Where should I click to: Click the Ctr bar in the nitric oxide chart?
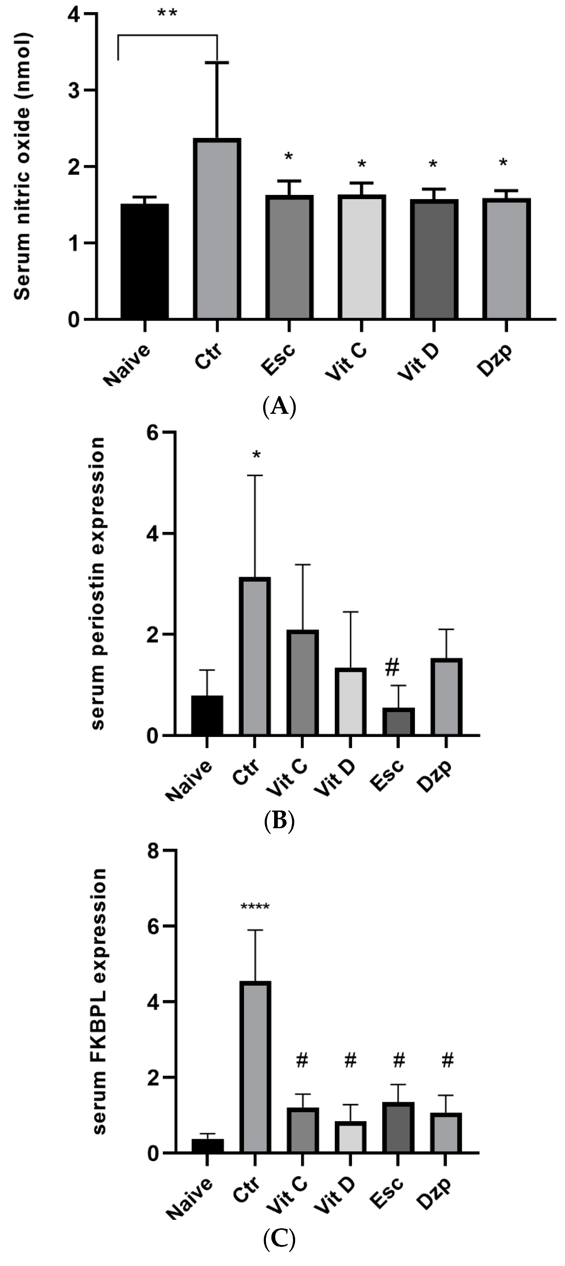click(x=217, y=229)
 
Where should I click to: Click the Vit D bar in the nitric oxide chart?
click(x=434, y=259)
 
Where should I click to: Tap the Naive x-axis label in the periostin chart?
click(x=189, y=780)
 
